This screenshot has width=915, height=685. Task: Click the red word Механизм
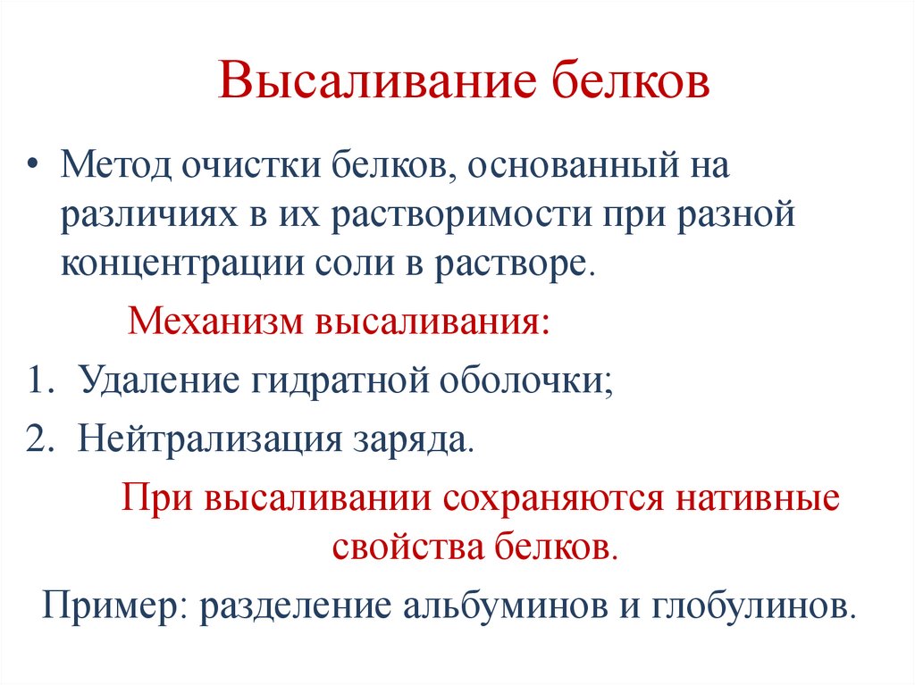pyautogui.click(x=214, y=319)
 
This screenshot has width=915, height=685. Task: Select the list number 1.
pyautogui.click(x=36, y=382)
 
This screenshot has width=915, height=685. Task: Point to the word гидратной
pyautogui.click(x=328, y=382)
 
